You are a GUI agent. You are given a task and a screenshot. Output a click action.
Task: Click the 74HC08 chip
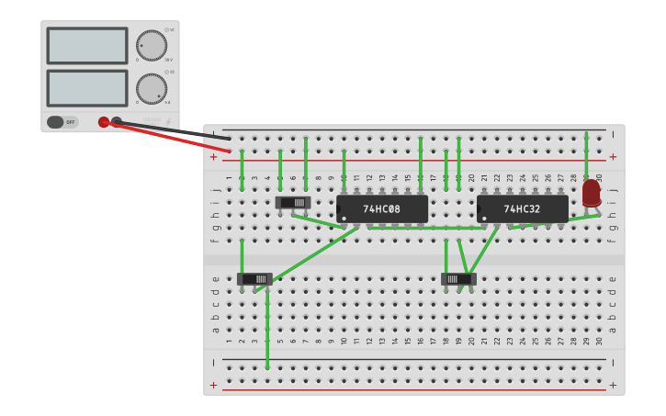(382, 208)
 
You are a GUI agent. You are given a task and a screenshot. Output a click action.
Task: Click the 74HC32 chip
(522, 208)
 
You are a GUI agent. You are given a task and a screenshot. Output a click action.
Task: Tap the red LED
(591, 193)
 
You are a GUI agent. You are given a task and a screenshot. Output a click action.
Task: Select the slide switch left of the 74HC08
(293, 202)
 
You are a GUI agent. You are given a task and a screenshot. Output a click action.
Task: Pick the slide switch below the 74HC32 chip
(458, 278)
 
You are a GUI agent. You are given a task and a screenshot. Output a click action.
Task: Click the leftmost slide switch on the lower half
(254, 278)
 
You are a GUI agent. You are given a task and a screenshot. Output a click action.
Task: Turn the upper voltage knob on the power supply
(152, 46)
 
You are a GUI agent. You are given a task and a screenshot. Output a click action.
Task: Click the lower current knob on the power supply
(152, 89)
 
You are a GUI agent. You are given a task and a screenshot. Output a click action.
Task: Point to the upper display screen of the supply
(87, 46)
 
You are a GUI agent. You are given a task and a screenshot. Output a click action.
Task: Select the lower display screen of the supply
(87, 88)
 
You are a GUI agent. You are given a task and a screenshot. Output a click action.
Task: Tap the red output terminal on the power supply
(104, 122)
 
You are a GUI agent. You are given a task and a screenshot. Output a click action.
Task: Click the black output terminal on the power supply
(117, 121)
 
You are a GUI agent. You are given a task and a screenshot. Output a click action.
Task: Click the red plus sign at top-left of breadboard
(214, 157)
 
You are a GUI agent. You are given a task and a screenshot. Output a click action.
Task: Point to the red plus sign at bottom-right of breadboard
(613, 385)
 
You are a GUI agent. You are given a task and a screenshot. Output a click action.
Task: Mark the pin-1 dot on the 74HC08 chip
(344, 218)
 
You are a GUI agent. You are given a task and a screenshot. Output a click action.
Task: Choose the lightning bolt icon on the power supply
(169, 120)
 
